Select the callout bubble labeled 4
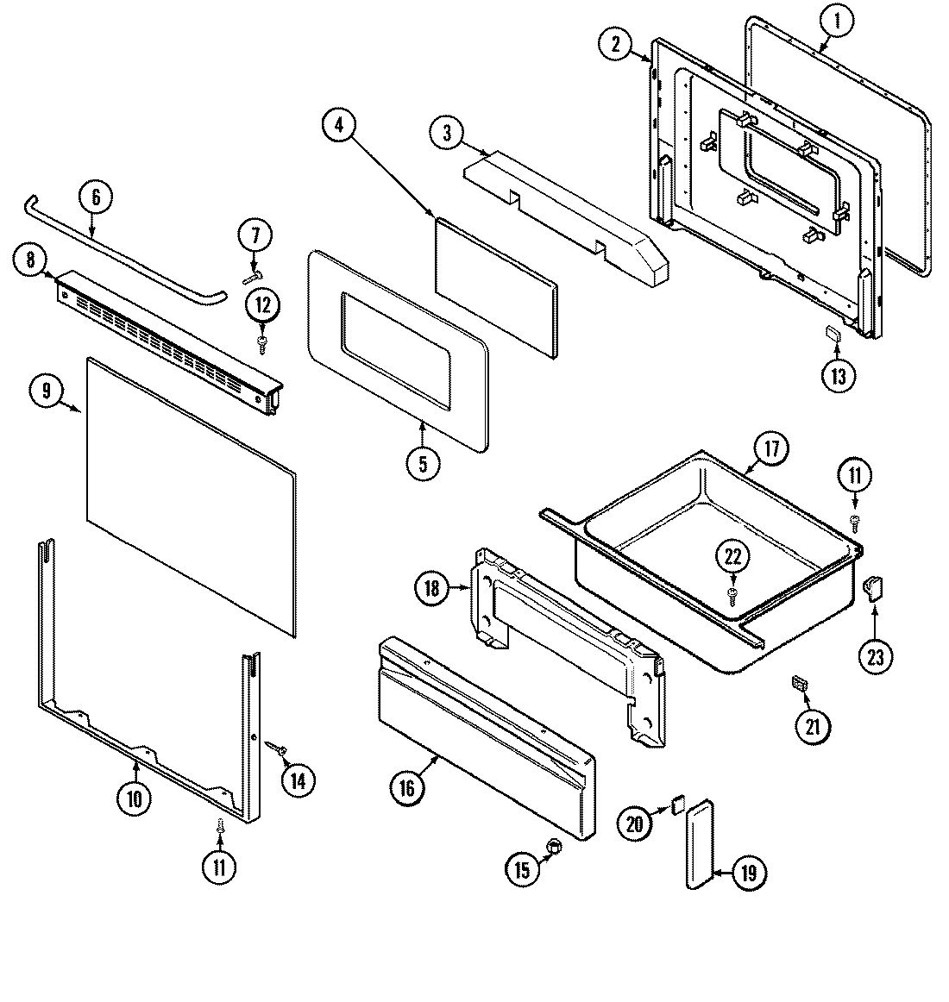(339, 125)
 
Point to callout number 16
(407, 787)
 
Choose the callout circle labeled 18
(432, 590)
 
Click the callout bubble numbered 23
(876, 657)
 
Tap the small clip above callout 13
(833, 334)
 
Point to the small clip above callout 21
(799, 684)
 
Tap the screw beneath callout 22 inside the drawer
(732, 594)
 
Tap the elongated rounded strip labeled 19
(700, 842)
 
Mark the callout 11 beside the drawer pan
(855, 476)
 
